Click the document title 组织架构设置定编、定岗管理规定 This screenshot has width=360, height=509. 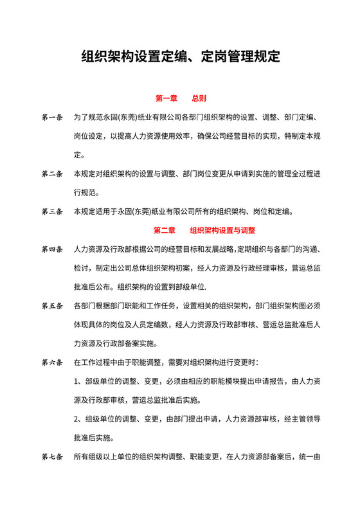click(x=181, y=56)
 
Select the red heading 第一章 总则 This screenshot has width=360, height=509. click(x=181, y=99)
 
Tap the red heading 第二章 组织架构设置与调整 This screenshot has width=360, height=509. click(x=204, y=229)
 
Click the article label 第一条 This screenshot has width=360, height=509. click(x=52, y=118)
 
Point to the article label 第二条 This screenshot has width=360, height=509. click(x=52, y=174)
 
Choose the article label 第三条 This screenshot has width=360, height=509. click(x=52, y=211)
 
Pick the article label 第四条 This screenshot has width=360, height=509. click(x=52, y=249)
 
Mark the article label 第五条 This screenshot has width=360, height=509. click(x=52, y=305)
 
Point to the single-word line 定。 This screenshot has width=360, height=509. click(x=80, y=155)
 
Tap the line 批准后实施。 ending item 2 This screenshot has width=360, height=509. click(x=95, y=438)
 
